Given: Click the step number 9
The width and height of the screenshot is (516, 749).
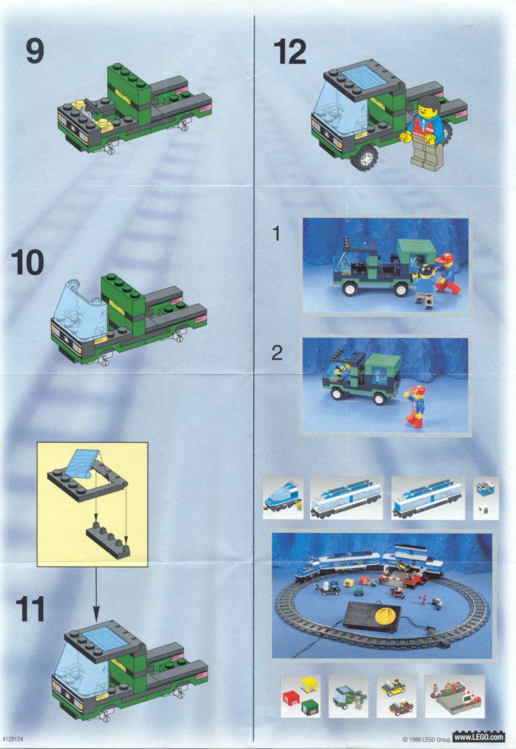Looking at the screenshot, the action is (x=35, y=51).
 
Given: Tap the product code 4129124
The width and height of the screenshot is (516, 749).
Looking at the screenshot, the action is (x=12, y=739).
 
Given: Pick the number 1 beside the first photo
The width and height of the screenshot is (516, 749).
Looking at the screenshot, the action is (x=276, y=233).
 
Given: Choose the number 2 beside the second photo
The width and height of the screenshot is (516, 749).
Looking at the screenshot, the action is (x=277, y=353).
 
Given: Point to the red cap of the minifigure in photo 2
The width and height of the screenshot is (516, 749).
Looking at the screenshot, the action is (x=418, y=391).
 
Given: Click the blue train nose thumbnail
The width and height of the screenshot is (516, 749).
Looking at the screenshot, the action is (x=283, y=498).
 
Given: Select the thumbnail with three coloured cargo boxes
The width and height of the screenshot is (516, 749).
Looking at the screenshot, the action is (x=300, y=696).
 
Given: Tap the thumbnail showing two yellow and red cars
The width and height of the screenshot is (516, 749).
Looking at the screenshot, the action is (x=396, y=696).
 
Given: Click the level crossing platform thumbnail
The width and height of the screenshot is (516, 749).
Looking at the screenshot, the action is (x=454, y=696).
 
